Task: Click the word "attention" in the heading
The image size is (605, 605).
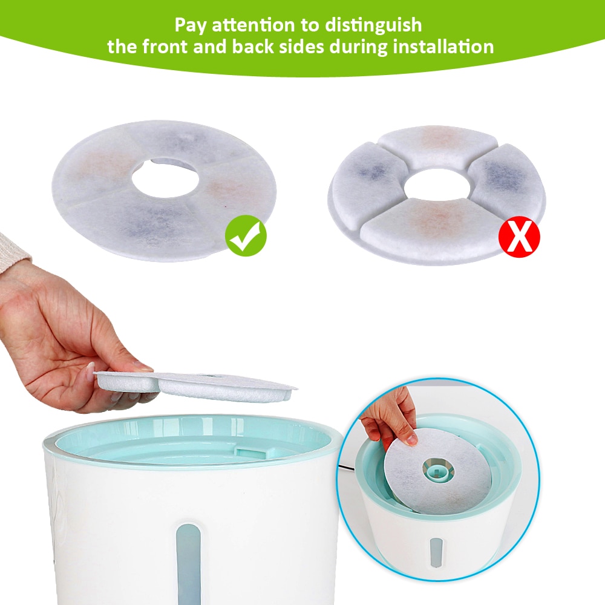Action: point(234,25)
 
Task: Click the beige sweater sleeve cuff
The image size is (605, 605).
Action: point(13,254)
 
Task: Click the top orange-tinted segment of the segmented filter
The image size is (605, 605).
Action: point(438,143)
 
